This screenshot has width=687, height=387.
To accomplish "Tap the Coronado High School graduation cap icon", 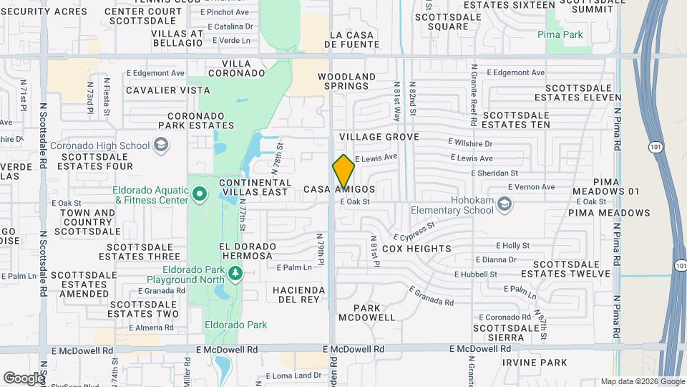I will coord(162,145).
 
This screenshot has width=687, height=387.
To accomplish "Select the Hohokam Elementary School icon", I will coord(505,205).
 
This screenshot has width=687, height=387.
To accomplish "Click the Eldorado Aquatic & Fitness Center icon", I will coord(200,194).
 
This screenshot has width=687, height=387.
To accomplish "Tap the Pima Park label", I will coord(560,34).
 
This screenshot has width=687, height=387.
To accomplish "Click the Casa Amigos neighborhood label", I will coord(338,189).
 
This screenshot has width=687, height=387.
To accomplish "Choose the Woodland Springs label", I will coord(347,82).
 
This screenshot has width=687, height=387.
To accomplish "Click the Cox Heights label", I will coord(416,249).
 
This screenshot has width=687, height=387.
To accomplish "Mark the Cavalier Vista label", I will coord(168,90).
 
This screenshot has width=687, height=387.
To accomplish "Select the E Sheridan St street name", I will coord(494,173).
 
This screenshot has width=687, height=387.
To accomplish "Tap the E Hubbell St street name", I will coord(476,274).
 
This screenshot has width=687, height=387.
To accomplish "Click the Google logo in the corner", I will coord(24,378).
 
